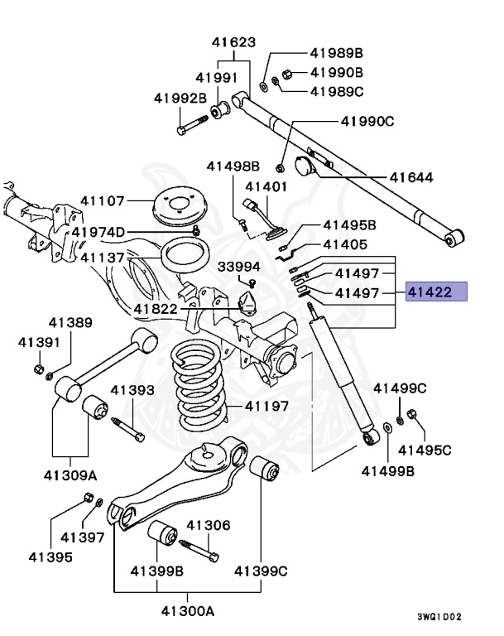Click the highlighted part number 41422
coord(436,292)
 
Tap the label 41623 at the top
coord(233,42)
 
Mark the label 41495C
coord(425,450)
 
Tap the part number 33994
coord(239,266)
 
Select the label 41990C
coord(367,122)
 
